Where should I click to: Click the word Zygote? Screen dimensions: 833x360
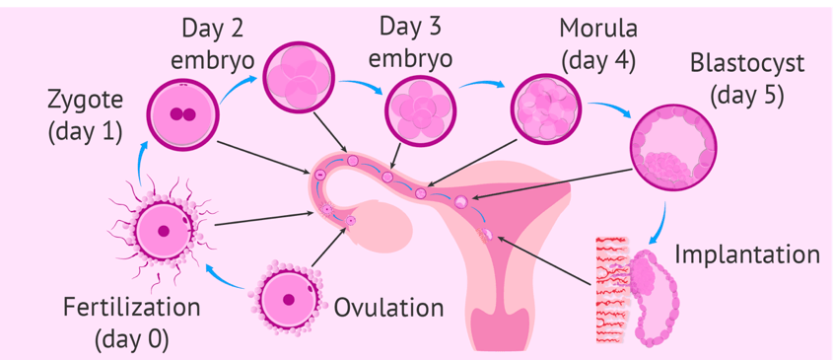(86, 101)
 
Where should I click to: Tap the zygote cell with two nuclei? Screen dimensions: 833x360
(182, 114)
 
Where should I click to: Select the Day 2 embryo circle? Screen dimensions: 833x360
(300, 77)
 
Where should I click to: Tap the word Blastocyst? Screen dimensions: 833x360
(746, 65)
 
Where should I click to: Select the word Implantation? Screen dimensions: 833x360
(747, 254)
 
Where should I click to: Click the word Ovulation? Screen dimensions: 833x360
(388, 309)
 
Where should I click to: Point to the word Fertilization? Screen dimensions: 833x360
(132, 308)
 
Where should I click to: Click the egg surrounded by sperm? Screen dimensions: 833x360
(163, 231)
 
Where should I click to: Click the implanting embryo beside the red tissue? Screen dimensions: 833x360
(651, 297)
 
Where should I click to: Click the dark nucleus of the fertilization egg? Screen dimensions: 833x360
(164, 231)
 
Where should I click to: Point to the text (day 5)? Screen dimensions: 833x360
(747, 96)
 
